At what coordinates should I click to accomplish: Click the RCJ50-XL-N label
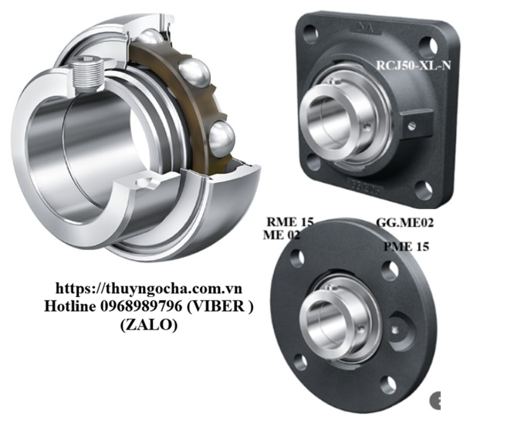coord(414,65)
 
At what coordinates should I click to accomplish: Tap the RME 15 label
coord(289,222)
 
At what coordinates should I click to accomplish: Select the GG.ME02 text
coord(404,223)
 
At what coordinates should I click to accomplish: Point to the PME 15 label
coord(406,247)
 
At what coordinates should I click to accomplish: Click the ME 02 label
coord(282,235)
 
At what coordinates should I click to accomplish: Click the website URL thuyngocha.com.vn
coord(149,288)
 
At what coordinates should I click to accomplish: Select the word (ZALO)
coord(149,324)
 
